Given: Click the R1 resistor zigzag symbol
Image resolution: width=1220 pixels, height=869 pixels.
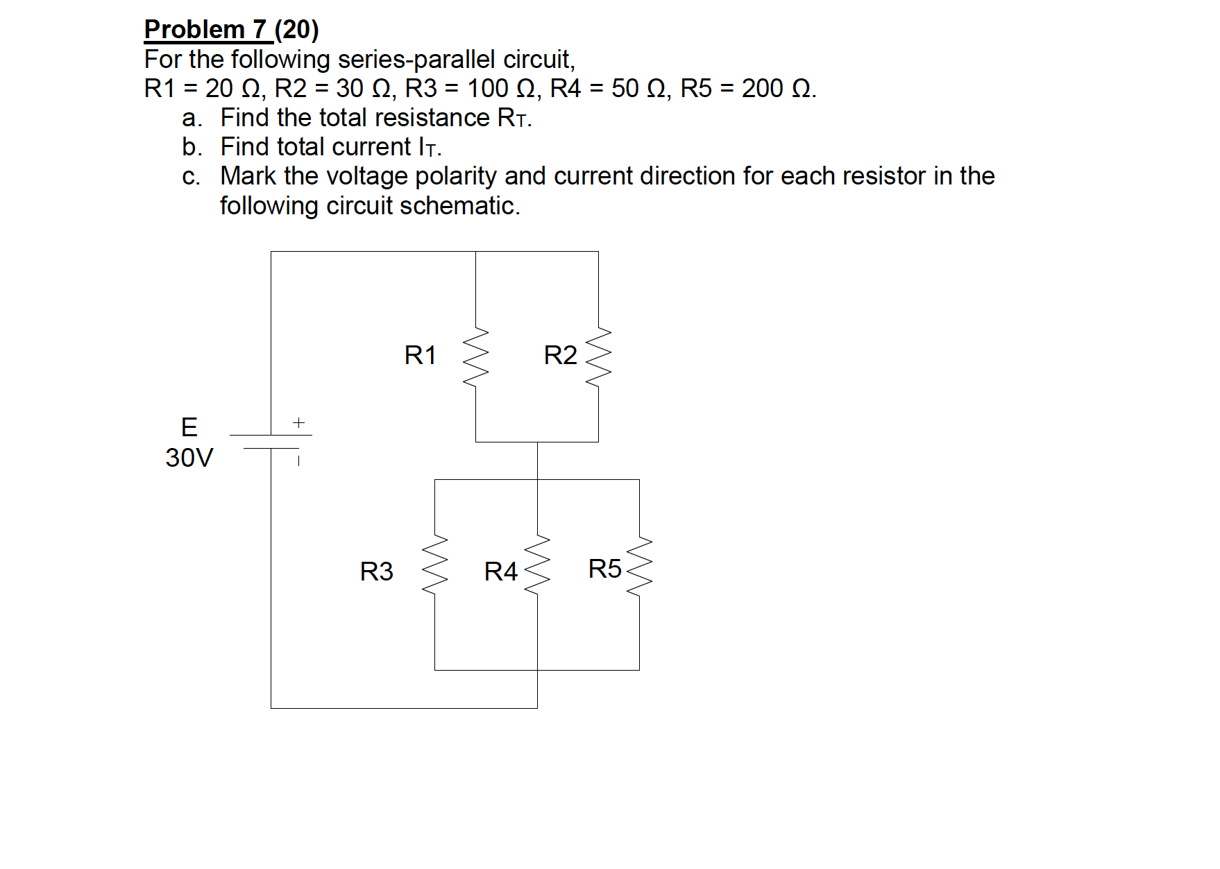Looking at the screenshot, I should click(476, 359).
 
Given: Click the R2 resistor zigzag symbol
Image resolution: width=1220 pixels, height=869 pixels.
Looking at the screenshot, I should click(598, 359).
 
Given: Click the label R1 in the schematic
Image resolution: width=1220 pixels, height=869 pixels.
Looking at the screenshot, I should click(420, 356).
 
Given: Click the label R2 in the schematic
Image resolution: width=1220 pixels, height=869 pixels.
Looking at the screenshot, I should click(560, 356).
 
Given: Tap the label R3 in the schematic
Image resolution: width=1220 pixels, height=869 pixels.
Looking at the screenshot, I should click(376, 572).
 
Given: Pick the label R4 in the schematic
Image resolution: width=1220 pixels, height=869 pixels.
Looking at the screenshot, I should click(500, 572).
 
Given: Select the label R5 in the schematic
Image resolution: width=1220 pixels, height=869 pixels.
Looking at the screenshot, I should click(604, 569).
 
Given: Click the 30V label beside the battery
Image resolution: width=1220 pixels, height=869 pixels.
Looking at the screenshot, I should click(189, 458).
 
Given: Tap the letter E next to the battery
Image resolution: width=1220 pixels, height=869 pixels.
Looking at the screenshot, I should click(189, 427).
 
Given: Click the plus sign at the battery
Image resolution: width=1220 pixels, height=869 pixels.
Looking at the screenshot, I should click(298, 422).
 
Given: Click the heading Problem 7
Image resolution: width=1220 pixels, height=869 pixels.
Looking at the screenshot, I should click(205, 30).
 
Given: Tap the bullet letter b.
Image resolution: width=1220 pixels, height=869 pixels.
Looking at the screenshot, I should click(192, 148).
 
